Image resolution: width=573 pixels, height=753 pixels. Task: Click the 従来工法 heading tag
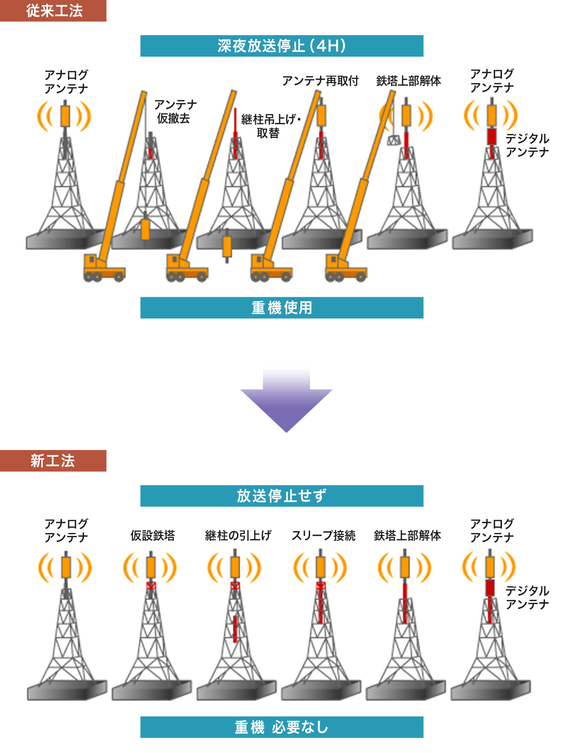pyautogui.click(x=53, y=11)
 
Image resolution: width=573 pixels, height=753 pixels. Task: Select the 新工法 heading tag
pyautogui.click(x=53, y=461)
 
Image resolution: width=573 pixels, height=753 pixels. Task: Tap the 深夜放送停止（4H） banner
pyautogui.click(x=282, y=46)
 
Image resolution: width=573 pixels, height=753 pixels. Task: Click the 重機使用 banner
pyautogui.click(x=282, y=307)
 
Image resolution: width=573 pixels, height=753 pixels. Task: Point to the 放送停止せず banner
pyautogui.click(x=282, y=496)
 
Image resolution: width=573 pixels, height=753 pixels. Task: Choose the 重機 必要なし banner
pyautogui.click(x=282, y=727)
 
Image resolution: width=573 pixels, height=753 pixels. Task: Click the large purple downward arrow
pyautogui.click(x=286, y=401)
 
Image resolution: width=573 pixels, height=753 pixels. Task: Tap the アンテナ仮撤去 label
pyautogui.click(x=175, y=111)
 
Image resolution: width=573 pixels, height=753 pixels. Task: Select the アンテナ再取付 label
pyautogui.click(x=320, y=81)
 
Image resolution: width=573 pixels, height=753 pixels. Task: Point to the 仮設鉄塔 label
pyautogui.click(x=153, y=535)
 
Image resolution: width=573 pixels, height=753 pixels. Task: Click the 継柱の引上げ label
pyautogui.click(x=238, y=535)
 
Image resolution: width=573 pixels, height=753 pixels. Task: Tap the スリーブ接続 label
pyautogui.click(x=323, y=535)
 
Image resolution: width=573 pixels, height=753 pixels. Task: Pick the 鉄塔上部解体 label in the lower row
pyautogui.click(x=407, y=535)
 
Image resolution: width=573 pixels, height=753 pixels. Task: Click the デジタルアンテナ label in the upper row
pyautogui.click(x=527, y=145)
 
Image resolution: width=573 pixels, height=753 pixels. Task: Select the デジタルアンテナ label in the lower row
pyautogui.click(x=527, y=597)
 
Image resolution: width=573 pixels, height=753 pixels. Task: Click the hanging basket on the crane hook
pyautogui.click(x=394, y=140)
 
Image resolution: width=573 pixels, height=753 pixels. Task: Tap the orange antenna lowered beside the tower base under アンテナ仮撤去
pyautogui.click(x=145, y=229)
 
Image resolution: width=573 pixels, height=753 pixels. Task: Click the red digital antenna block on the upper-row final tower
pyautogui.click(x=491, y=136)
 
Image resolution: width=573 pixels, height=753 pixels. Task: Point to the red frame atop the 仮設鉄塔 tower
pyautogui.click(x=151, y=586)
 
